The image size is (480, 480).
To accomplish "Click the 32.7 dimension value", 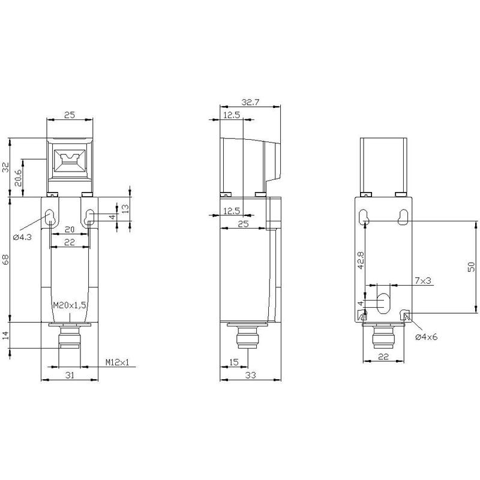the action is click(250, 102).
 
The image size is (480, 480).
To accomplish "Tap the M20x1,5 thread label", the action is click(70, 305).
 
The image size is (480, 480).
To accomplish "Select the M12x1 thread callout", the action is click(117, 362).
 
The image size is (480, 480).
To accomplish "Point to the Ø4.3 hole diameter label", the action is click(22, 237).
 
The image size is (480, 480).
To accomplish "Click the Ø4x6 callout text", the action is click(426, 337).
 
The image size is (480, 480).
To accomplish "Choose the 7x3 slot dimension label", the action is click(423, 280).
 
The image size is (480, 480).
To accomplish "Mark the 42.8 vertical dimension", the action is click(361, 260).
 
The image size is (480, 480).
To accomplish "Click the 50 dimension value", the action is click(472, 266).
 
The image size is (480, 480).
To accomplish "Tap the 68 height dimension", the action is click(6, 260).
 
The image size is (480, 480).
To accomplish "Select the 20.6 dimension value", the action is click(18, 178).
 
